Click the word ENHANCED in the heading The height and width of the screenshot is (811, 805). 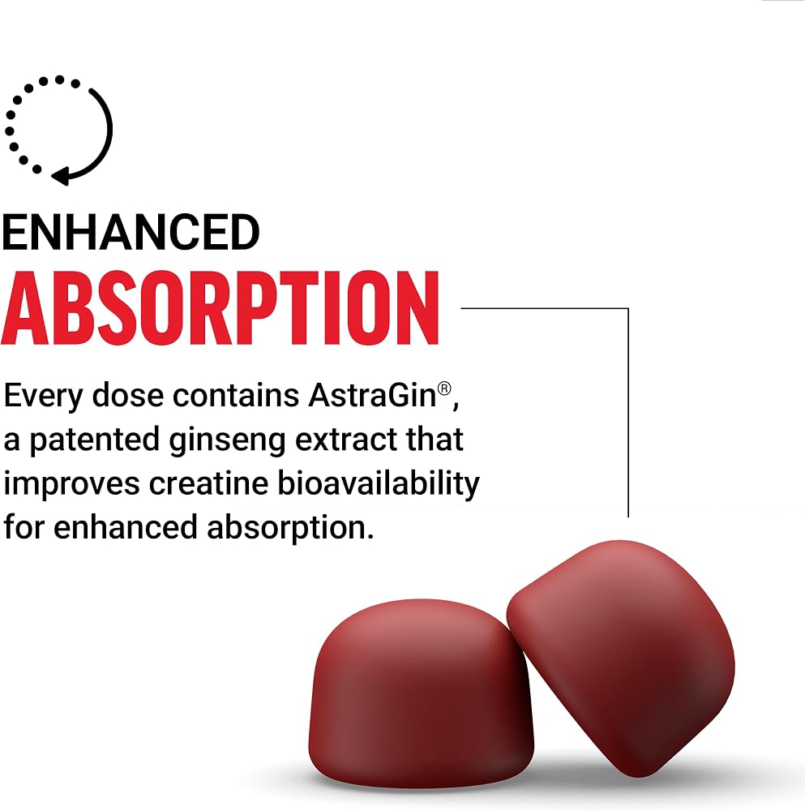[131, 232]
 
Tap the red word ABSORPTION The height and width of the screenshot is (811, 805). [221, 308]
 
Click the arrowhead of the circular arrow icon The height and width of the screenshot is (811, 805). [60, 176]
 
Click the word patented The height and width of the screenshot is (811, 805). [94, 440]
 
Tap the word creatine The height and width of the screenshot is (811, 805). [208, 483]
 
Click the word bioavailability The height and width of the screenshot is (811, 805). [379, 484]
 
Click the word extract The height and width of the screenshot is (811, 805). [346, 440]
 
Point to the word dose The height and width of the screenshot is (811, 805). [128, 396]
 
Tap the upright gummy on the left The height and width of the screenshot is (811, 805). [421, 693]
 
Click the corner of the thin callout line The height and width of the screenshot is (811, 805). [628, 308]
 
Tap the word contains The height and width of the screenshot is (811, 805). [236, 396]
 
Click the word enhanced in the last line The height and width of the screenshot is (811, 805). [126, 528]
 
